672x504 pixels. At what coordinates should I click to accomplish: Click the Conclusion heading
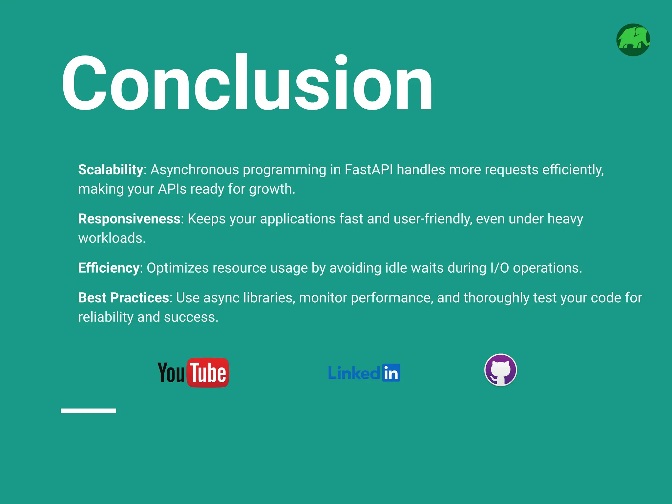[x=247, y=84]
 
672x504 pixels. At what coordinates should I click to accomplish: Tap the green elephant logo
[x=633, y=40]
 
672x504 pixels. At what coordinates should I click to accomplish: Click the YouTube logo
[x=193, y=373]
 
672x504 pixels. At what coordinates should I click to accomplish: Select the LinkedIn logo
[x=364, y=373]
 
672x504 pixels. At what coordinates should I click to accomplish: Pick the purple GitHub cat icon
[x=500, y=370]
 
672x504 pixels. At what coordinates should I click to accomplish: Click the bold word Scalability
[x=111, y=170]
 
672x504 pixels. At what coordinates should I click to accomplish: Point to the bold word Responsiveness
[x=129, y=219]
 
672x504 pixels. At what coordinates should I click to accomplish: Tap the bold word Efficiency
[x=109, y=268]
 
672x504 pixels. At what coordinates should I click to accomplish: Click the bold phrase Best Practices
[x=123, y=298]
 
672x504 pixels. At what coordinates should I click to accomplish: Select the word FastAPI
[x=368, y=170]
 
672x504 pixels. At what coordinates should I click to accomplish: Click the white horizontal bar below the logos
[x=88, y=410]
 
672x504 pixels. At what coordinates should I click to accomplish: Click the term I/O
[x=499, y=268]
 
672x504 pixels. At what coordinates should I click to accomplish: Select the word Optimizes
[x=178, y=268]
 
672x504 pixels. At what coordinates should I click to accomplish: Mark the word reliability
[x=106, y=317]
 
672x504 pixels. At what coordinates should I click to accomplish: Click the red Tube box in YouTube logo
[x=208, y=373]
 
